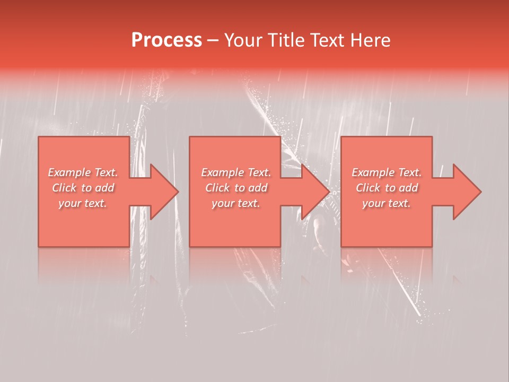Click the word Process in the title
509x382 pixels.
pyautogui.click(x=166, y=40)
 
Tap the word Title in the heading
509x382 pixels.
pyautogui.click(x=283, y=40)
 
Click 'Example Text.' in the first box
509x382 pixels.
pyautogui.click(x=83, y=172)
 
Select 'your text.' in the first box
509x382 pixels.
pyautogui.click(x=83, y=203)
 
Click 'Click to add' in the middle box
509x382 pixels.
pyautogui.click(x=236, y=188)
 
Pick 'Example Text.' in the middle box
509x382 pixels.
pyautogui.click(x=236, y=172)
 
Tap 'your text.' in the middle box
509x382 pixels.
pyautogui.click(x=236, y=203)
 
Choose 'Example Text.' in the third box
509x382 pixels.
pyautogui.click(x=387, y=172)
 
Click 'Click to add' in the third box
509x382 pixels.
pyautogui.click(x=387, y=188)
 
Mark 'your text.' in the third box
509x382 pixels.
pyautogui.click(x=387, y=203)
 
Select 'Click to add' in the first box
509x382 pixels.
pyautogui.click(x=83, y=188)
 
